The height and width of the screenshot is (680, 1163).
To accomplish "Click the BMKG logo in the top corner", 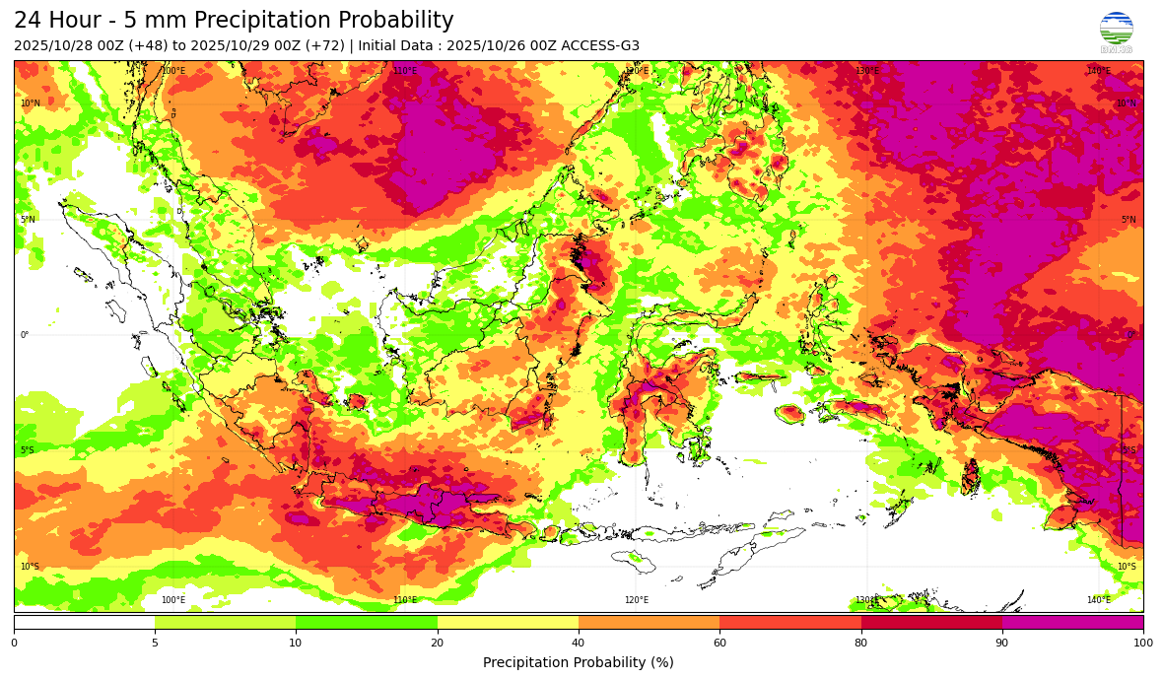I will click(1116, 31).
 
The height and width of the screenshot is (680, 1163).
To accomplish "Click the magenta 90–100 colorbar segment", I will click(1072, 623).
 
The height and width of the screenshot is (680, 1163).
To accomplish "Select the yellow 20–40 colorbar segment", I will click(508, 623).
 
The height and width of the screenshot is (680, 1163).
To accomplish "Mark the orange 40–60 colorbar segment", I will click(649, 623).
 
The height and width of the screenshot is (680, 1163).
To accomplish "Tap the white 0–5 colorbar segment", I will click(84, 623).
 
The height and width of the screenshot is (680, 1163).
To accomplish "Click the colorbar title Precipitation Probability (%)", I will click(578, 662).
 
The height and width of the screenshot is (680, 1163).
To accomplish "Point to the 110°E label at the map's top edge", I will click(405, 71).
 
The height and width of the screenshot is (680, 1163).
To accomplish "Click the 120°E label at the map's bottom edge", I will click(637, 600).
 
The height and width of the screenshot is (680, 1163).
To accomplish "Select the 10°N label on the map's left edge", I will click(31, 103).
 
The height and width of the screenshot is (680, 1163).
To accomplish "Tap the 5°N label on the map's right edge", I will click(1128, 220).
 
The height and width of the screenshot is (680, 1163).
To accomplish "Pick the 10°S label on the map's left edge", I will click(31, 567).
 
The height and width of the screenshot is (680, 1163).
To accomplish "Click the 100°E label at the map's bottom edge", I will click(173, 600).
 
